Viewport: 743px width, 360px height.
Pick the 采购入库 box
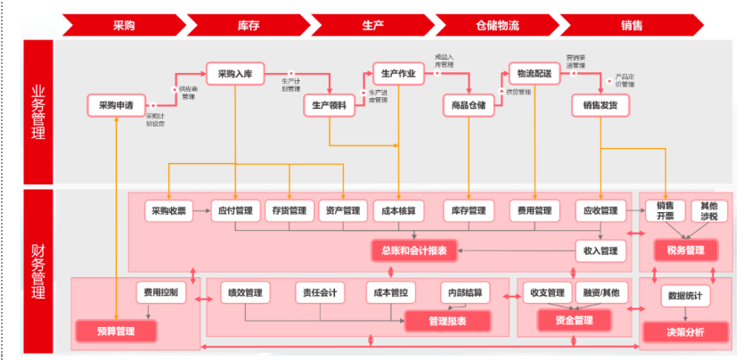[x=236, y=74]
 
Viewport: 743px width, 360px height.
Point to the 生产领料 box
[x=330, y=105]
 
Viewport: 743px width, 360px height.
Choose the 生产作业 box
[x=397, y=74]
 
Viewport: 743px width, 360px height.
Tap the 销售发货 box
[x=600, y=105]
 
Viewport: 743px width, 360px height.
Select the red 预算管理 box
[x=116, y=331]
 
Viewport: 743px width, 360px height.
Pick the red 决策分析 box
[x=685, y=331]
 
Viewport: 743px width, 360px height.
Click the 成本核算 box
[x=397, y=211]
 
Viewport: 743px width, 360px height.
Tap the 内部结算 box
[x=465, y=292]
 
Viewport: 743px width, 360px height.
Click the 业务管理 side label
[x=38, y=112]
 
